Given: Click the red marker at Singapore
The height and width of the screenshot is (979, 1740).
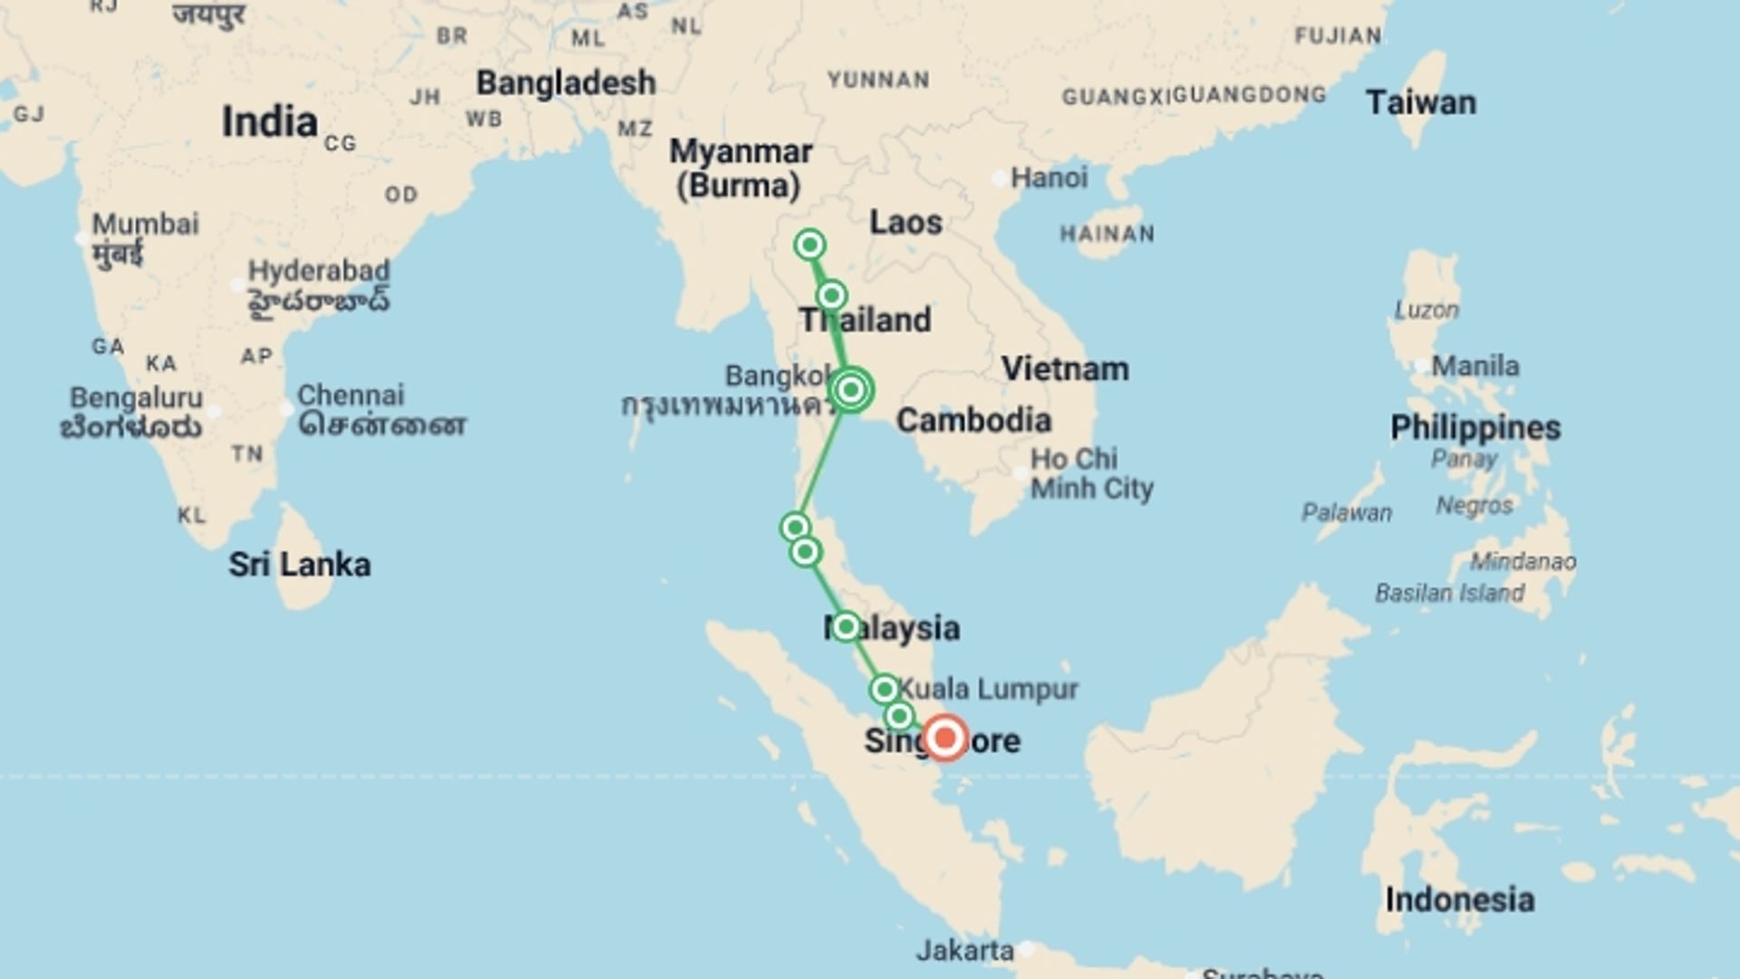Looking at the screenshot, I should pos(945,737).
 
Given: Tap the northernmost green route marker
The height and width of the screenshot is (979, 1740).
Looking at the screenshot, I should pos(809,245).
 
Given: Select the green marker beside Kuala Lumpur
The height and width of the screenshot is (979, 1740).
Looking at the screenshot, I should pos(884,690).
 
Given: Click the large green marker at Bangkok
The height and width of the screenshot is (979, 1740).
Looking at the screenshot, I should pos(851,390).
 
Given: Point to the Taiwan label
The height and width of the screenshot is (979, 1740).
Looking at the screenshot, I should pos(1420,102).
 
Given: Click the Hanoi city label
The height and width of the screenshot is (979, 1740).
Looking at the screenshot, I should pos(1049,178).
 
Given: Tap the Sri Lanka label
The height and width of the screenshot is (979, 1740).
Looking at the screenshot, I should pos(299,565).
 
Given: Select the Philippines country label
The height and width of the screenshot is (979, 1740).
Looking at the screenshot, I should pos(1475,428).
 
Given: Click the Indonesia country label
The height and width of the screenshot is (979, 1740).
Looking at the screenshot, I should pos(1459,900).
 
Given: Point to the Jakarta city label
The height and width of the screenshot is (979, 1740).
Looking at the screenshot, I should pos(964,950).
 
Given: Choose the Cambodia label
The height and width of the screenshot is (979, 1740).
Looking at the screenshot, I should pos(973,421).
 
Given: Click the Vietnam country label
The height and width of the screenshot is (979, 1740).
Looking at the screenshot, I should pos(1065,369).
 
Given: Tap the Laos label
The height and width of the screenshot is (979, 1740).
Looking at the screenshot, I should pos(905,222).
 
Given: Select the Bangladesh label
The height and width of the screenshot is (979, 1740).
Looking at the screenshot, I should pos(565,82).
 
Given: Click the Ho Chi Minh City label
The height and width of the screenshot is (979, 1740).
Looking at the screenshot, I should pos(1091,473).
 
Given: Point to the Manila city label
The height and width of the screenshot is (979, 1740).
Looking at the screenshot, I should pos(1474,366).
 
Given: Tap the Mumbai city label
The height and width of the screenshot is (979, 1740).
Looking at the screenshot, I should pos(145,224).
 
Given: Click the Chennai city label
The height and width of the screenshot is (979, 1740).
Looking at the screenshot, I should pos(351,395).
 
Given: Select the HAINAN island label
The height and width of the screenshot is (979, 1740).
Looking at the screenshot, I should pos(1107,234).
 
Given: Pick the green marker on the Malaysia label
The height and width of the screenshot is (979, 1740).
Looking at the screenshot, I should pos(846,626).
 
